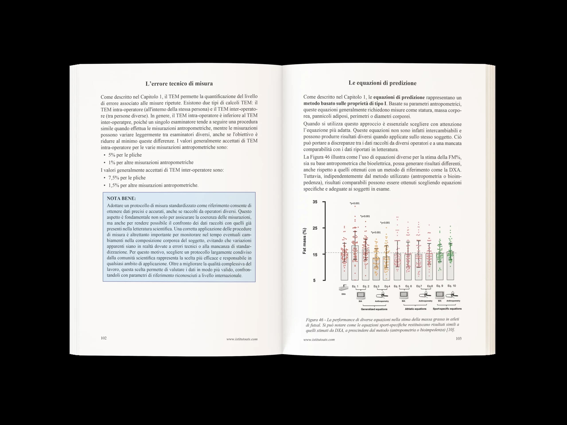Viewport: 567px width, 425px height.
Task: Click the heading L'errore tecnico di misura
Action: (x=179, y=83)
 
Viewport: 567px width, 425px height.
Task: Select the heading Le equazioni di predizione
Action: (x=382, y=83)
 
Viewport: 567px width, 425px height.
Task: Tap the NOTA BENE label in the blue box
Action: (x=121, y=198)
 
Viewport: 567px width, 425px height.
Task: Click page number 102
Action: (x=104, y=338)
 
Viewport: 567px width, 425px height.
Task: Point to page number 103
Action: (x=458, y=338)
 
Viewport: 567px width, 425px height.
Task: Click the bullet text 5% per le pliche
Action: (x=125, y=155)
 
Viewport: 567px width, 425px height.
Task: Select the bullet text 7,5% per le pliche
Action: (x=127, y=178)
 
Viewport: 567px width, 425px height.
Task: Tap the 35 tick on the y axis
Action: (x=315, y=202)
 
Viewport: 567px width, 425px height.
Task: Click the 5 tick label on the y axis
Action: (x=314, y=280)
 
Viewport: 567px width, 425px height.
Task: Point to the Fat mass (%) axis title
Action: (x=305, y=241)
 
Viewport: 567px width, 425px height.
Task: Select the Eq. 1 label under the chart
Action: (x=355, y=286)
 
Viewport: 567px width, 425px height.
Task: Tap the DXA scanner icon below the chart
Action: (x=344, y=288)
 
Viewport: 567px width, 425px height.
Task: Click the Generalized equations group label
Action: (x=374, y=309)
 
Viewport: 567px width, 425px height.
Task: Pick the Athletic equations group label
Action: (x=416, y=309)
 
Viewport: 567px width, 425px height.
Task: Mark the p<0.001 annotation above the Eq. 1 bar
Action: (x=355, y=203)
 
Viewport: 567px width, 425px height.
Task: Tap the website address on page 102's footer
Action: (x=242, y=339)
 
